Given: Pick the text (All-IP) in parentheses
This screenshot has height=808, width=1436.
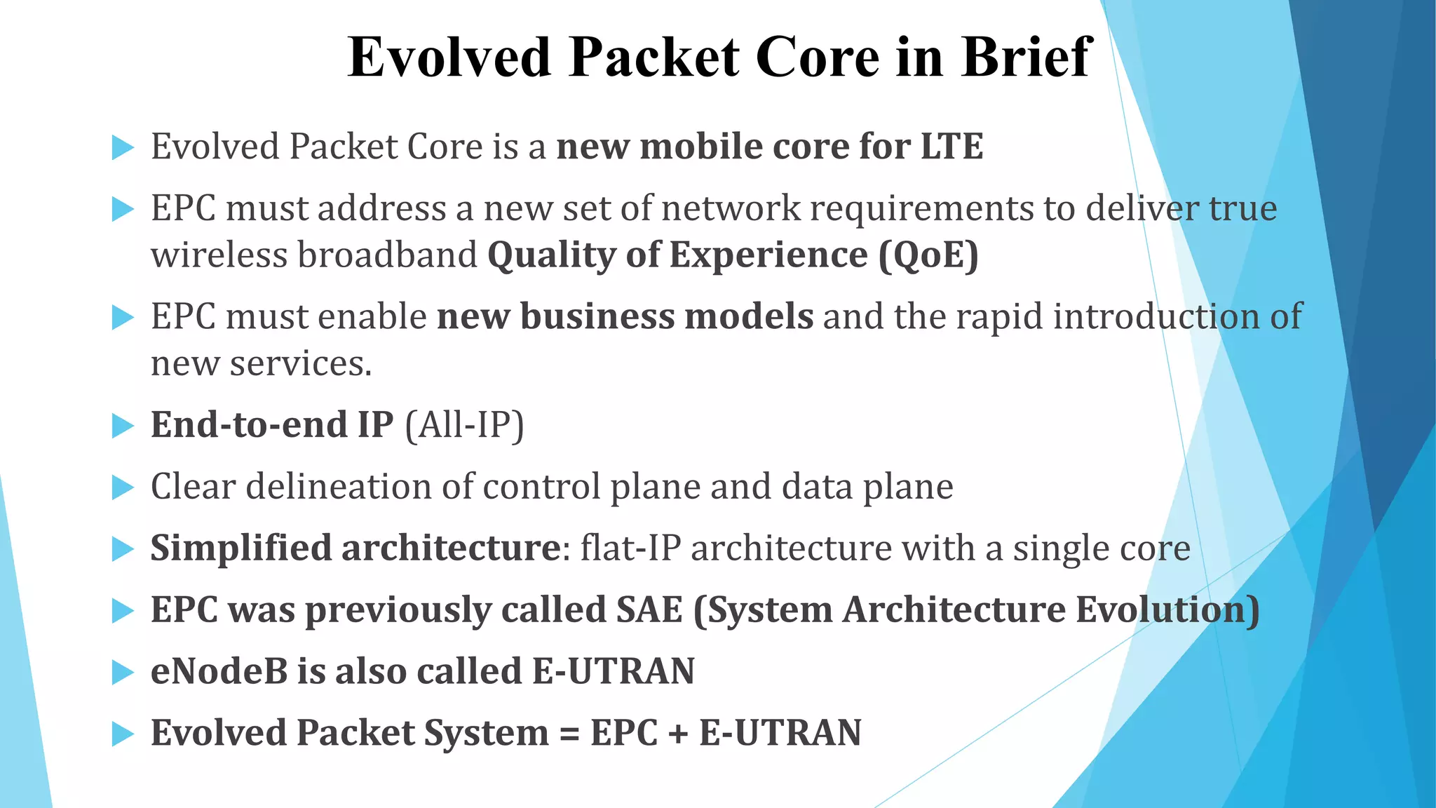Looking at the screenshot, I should (464, 424).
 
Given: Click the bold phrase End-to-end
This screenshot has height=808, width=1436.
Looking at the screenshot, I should (250, 424).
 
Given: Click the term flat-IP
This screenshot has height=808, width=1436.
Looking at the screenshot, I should (630, 548).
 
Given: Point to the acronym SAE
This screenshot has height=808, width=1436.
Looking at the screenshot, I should (649, 610).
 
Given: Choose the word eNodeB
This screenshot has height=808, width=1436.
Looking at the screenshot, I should (219, 671).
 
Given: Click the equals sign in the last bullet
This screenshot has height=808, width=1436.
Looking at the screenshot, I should (569, 734).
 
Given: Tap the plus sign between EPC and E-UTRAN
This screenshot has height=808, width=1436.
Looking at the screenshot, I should (679, 734).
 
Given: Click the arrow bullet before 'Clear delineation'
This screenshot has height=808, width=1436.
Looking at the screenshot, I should (123, 487).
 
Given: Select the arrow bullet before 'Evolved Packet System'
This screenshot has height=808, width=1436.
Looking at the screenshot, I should (123, 734).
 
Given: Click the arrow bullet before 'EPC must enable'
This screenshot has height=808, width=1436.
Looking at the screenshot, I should (123, 317).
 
